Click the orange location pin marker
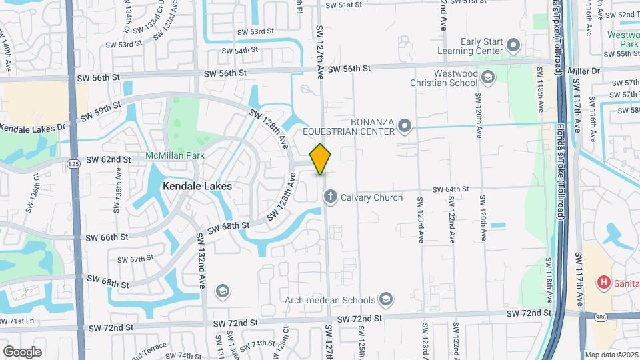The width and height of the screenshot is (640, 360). click(321, 159)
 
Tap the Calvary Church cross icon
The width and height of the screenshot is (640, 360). click(330, 197)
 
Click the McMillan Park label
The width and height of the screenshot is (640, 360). click(175, 156)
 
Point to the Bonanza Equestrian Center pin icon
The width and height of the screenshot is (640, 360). click(403, 125)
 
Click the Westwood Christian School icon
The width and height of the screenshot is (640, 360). click(489, 78)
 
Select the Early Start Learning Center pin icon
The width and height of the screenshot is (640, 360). click(513, 45)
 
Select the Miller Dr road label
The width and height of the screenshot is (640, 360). click(585, 69)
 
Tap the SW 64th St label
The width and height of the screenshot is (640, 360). click(451, 189)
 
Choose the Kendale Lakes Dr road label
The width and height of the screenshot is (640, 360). click(32, 126)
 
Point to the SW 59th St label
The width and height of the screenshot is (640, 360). click(101, 111)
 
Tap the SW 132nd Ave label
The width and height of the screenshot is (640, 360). click(201, 253)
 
